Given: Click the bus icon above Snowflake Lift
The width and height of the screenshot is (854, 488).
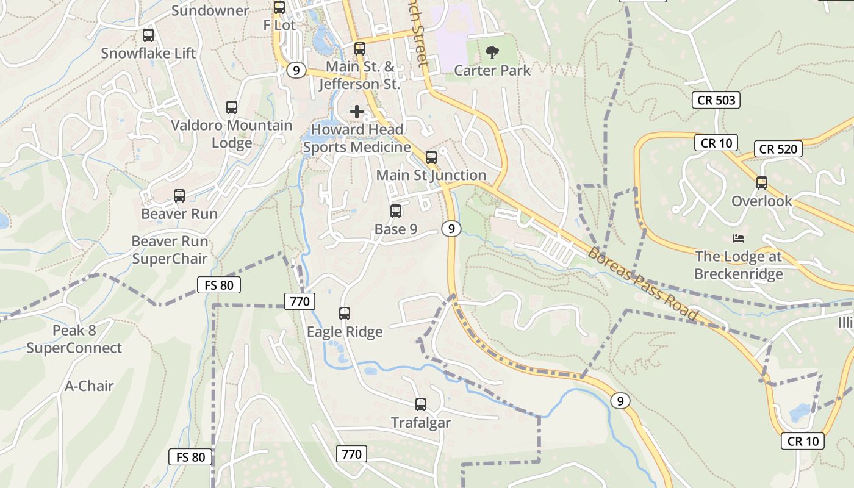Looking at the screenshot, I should point(148,35).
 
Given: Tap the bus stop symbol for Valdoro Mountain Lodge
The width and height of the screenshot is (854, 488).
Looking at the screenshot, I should point(231,107).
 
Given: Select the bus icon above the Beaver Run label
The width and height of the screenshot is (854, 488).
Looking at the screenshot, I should point(179,196).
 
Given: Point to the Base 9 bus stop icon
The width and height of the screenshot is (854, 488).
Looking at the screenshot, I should point(396,211).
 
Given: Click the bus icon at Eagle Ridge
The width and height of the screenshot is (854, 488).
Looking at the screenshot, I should point(345,314).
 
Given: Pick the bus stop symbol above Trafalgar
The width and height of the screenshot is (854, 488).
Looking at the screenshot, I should point(420,404).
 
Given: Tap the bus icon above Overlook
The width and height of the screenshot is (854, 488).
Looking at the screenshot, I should point(761,182).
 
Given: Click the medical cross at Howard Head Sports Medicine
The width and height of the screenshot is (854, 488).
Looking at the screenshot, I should point(357,112).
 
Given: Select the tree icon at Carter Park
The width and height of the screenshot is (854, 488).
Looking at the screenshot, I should point(492,52).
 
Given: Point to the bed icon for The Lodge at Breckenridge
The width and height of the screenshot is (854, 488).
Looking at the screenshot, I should point(739,238).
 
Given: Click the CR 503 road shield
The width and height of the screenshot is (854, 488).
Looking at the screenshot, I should point(716,100).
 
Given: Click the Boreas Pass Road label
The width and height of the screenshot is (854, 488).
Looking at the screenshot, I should point(642,284).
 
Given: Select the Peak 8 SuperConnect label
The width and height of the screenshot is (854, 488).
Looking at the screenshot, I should point(74,340).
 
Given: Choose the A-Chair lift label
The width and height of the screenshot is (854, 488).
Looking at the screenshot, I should point(89,386).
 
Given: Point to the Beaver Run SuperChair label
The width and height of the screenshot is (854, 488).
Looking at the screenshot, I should point(170,250).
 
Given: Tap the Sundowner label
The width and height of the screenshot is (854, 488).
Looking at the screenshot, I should point(210,10).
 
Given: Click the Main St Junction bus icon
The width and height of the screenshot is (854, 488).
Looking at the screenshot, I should point(431,157).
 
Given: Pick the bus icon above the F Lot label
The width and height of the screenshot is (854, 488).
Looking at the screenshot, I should point(279,7).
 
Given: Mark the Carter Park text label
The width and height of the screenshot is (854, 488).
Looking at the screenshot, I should point(492,70).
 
